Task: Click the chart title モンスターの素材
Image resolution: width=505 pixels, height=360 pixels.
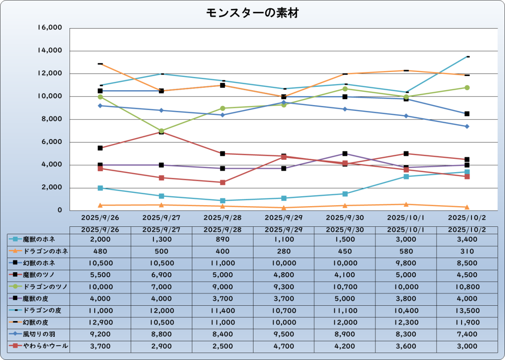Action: point(252,13)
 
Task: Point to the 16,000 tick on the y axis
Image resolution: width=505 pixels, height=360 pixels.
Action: point(49,28)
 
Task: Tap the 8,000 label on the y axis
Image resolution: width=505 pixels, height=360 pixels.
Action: point(51,119)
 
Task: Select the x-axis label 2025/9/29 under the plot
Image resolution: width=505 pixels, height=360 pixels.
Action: point(284,217)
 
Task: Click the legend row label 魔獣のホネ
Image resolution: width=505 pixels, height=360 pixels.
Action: point(39,239)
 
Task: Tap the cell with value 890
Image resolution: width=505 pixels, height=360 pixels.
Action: point(222,239)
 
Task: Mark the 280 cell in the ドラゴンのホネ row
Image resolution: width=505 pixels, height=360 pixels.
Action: point(284,251)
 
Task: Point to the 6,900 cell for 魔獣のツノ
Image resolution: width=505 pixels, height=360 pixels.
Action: point(161,275)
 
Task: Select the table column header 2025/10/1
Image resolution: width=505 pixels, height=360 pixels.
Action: point(406,229)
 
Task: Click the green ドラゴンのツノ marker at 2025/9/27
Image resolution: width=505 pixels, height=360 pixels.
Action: point(161,131)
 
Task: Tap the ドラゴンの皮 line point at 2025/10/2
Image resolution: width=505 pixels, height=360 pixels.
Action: point(467,57)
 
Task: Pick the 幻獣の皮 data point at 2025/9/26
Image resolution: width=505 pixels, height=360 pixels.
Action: point(100,64)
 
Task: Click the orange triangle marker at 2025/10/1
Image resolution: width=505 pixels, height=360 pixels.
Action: point(406,204)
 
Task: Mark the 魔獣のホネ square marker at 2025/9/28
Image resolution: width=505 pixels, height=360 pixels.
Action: point(222,201)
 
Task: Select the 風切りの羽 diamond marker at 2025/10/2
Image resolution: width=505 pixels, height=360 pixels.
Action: point(467,126)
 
